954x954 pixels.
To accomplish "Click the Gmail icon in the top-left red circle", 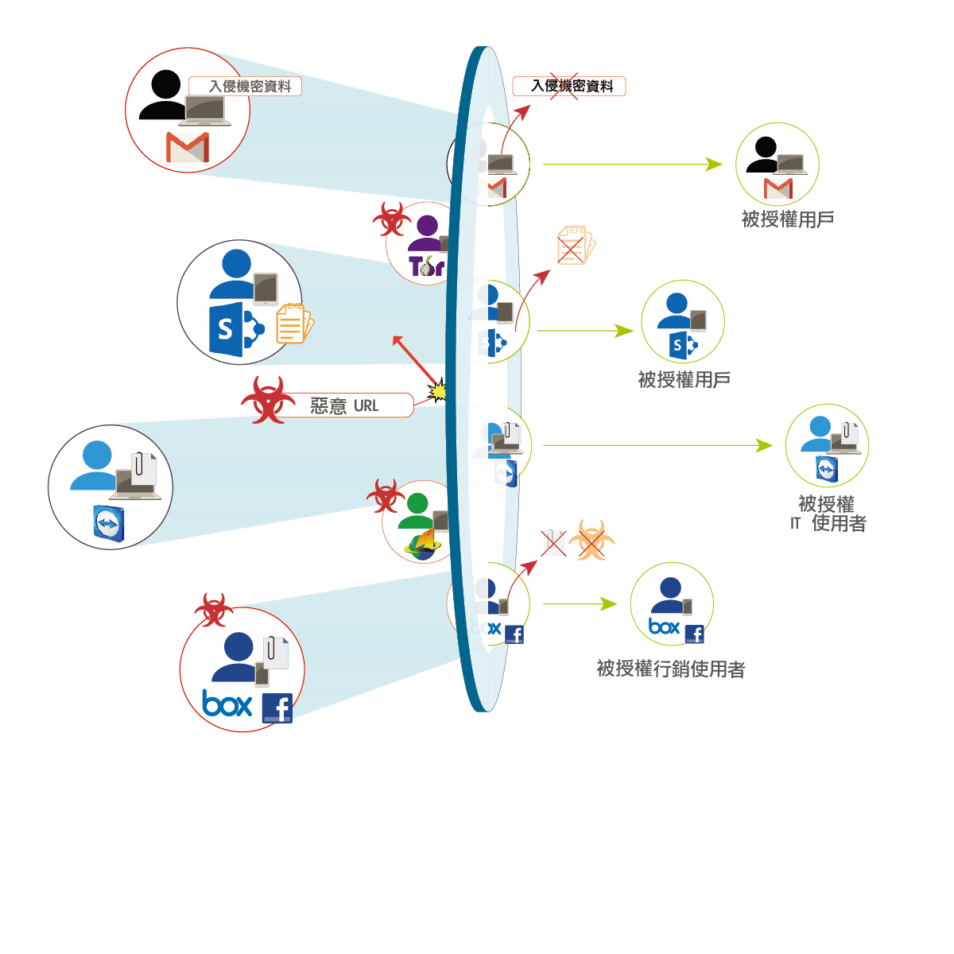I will [x=188, y=148].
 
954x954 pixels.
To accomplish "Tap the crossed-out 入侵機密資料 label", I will [x=569, y=86].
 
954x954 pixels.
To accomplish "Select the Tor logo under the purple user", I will [x=426, y=266].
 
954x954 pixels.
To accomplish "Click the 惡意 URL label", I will [x=344, y=405].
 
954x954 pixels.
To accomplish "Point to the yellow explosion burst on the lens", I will [x=437, y=390].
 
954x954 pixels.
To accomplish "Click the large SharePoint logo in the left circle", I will [x=235, y=328].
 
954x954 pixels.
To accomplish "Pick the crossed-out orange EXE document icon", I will [x=575, y=245].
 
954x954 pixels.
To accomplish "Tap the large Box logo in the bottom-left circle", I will [x=227, y=704].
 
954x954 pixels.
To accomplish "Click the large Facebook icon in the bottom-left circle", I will [x=277, y=708].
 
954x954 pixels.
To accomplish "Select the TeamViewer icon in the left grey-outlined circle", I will [x=109, y=524].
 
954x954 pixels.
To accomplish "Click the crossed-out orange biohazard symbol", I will [x=591, y=541].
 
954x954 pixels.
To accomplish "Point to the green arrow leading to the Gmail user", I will [x=632, y=165].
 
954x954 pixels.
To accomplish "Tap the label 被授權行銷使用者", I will [x=671, y=669].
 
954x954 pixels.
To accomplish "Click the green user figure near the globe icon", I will [x=416, y=510].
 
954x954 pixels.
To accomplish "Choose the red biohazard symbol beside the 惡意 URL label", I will [x=269, y=399].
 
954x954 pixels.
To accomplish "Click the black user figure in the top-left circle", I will [x=164, y=96].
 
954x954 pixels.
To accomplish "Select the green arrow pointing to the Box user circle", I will [x=580, y=604].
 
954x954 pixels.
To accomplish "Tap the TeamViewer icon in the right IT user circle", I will [x=826, y=469].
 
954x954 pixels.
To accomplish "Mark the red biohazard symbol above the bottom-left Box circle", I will [x=213, y=609].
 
